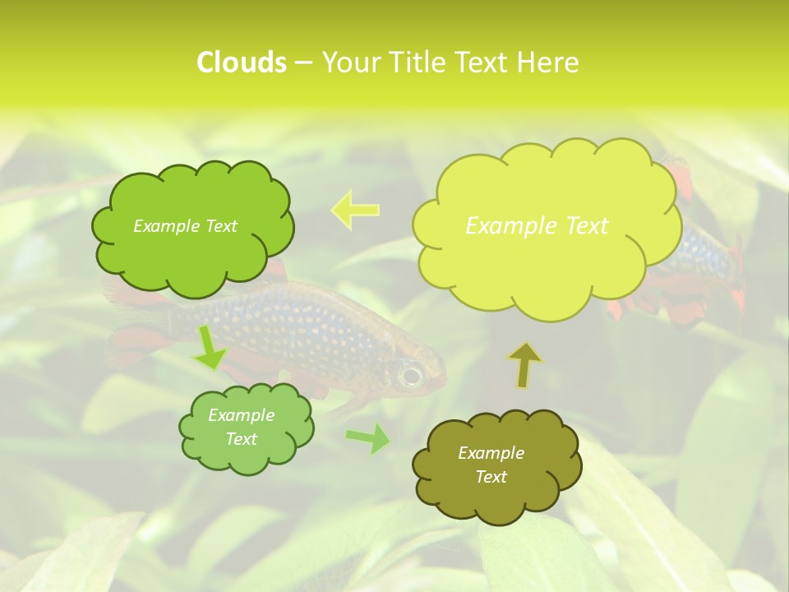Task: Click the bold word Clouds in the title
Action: tap(241, 62)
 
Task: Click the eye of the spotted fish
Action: tap(409, 376)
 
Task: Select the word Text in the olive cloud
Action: tap(491, 477)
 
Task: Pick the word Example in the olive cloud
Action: tap(491, 453)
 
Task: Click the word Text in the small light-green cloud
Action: tap(241, 439)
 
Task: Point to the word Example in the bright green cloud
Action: tap(165, 226)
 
